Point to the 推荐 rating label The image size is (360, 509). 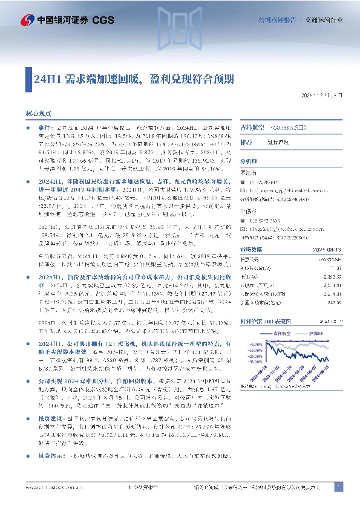(246, 143)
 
